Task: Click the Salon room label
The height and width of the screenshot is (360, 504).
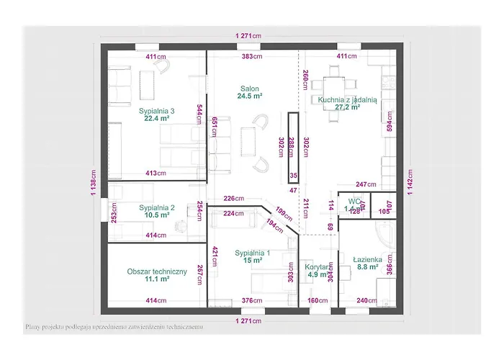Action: (x=250, y=89)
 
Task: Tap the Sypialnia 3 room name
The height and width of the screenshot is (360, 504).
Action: (x=157, y=111)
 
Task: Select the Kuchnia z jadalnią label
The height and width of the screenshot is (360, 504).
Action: (x=343, y=101)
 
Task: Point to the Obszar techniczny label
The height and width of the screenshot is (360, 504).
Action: (x=157, y=271)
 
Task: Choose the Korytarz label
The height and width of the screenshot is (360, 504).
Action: (x=316, y=266)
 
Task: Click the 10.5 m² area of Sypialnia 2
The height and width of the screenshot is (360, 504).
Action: (x=157, y=215)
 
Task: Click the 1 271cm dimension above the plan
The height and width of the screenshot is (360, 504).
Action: (x=248, y=36)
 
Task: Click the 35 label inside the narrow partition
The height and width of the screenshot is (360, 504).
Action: (x=293, y=174)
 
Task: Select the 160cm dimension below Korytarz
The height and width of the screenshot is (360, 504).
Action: (x=318, y=301)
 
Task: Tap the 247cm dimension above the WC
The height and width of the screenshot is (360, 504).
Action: (x=366, y=184)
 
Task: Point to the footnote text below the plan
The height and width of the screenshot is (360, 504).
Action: (x=114, y=326)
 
